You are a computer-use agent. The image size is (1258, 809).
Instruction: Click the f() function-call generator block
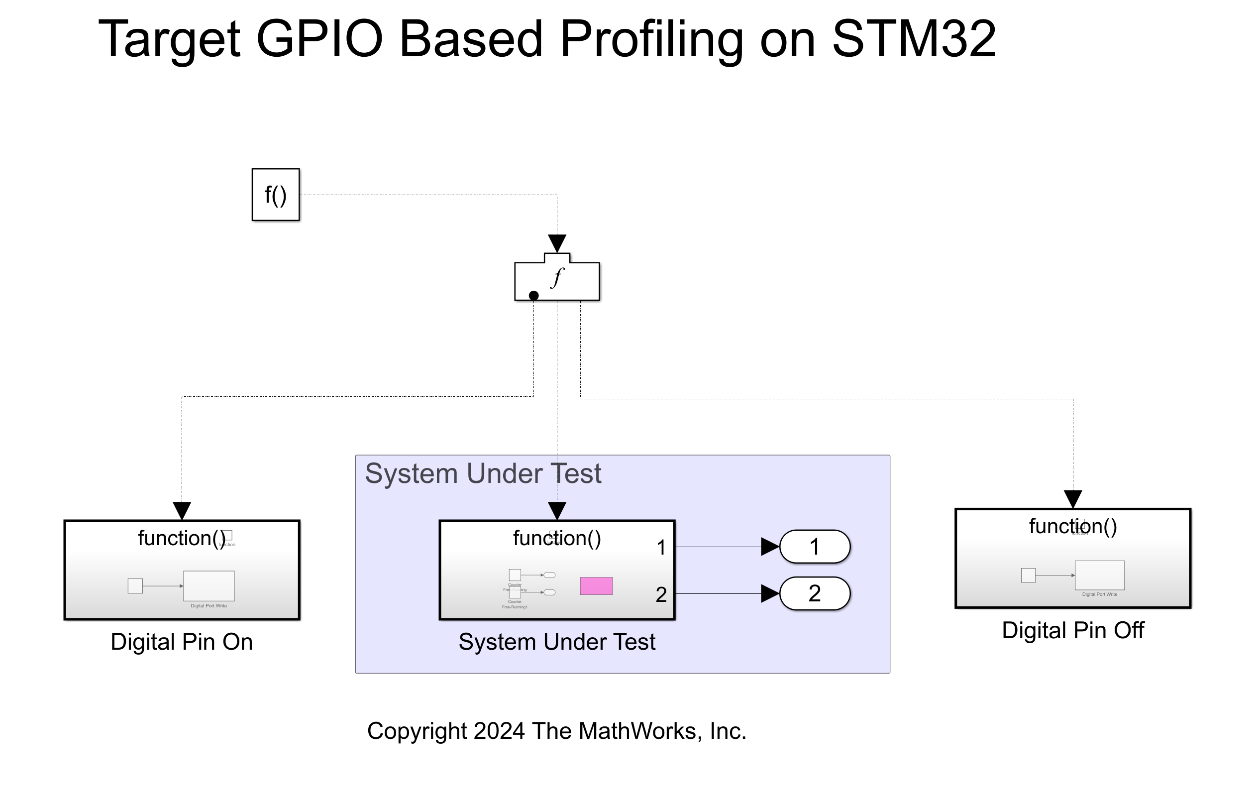click(x=275, y=195)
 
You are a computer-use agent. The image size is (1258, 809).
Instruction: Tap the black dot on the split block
click(x=533, y=295)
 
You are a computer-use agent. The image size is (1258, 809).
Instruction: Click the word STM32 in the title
click(x=914, y=39)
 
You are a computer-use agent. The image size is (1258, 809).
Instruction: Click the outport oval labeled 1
click(x=814, y=547)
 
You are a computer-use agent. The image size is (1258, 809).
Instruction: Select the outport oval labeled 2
click(x=814, y=593)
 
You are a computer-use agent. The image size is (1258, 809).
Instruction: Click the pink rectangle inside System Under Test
click(x=596, y=586)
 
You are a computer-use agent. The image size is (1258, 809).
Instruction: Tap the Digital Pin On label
click(x=182, y=642)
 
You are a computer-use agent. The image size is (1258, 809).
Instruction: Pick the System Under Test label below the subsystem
click(x=556, y=642)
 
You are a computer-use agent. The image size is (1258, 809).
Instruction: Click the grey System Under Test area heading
click(x=483, y=474)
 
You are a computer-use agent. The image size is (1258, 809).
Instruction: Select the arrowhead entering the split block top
click(x=556, y=243)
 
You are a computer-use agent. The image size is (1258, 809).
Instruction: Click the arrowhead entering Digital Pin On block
click(x=182, y=510)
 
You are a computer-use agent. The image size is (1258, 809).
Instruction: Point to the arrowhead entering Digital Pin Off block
click(x=1073, y=498)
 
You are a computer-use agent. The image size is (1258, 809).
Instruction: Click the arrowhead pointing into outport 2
click(x=770, y=593)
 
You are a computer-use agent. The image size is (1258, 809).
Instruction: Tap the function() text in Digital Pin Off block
click(x=1073, y=526)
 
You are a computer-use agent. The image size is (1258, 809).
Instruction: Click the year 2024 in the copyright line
click(x=499, y=731)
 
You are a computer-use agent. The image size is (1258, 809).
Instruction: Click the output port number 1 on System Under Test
click(x=661, y=548)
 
